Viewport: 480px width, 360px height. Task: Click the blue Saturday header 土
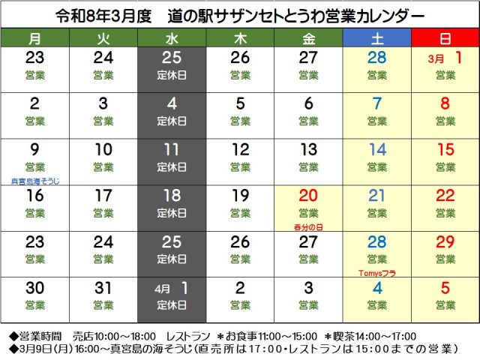tap(376, 37)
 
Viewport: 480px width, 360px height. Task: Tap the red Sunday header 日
tap(445, 37)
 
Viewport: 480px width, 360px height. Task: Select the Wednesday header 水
tap(172, 37)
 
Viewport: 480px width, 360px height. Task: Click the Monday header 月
tap(34, 37)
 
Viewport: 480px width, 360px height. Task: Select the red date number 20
tap(308, 196)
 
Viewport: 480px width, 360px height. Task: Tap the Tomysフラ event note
tap(377, 273)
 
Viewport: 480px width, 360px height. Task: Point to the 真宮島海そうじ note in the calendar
tap(35, 181)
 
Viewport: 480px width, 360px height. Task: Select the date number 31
tap(103, 288)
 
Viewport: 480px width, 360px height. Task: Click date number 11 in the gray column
tap(172, 150)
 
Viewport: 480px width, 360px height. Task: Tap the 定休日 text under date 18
tap(172, 213)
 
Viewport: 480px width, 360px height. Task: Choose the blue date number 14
tap(377, 150)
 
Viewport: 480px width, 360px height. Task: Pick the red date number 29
tap(445, 241)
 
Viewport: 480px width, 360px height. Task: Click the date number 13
tap(308, 150)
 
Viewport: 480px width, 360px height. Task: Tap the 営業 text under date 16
tap(35, 213)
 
